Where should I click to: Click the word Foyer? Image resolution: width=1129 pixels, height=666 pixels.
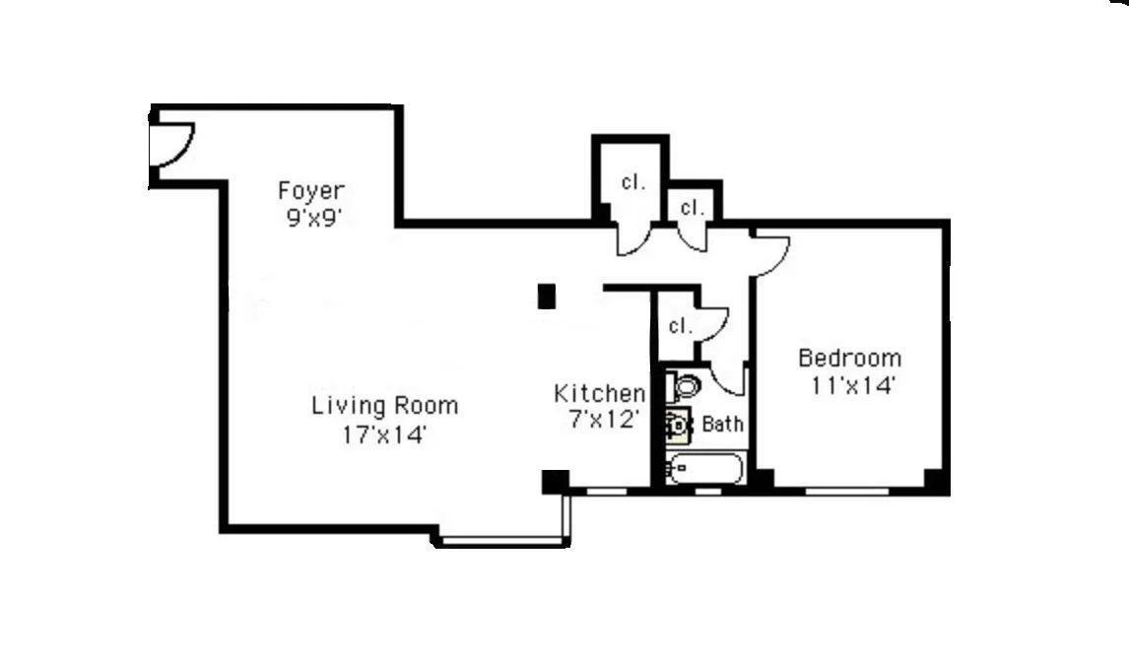(x=311, y=190)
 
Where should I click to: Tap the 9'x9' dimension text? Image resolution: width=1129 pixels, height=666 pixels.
(x=311, y=218)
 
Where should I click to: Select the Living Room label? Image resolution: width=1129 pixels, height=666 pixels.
(x=385, y=405)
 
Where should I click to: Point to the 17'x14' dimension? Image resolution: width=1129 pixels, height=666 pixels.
(x=385, y=433)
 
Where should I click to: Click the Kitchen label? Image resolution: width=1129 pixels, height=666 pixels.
(x=600, y=394)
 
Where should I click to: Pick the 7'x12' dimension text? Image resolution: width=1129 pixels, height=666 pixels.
(x=600, y=420)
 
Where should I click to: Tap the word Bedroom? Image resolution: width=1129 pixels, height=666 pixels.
(x=849, y=358)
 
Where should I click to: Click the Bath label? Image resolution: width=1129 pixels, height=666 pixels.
(x=723, y=425)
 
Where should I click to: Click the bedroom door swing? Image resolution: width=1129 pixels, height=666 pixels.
(x=771, y=253)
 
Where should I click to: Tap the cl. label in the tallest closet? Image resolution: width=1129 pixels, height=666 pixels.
(x=632, y=182)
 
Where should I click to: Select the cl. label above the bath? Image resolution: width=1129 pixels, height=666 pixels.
(x=680, y=325)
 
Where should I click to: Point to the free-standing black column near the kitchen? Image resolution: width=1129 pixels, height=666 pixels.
(x=547, y=296)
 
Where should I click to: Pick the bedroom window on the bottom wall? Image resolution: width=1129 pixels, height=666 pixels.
(x=848, y=488)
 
